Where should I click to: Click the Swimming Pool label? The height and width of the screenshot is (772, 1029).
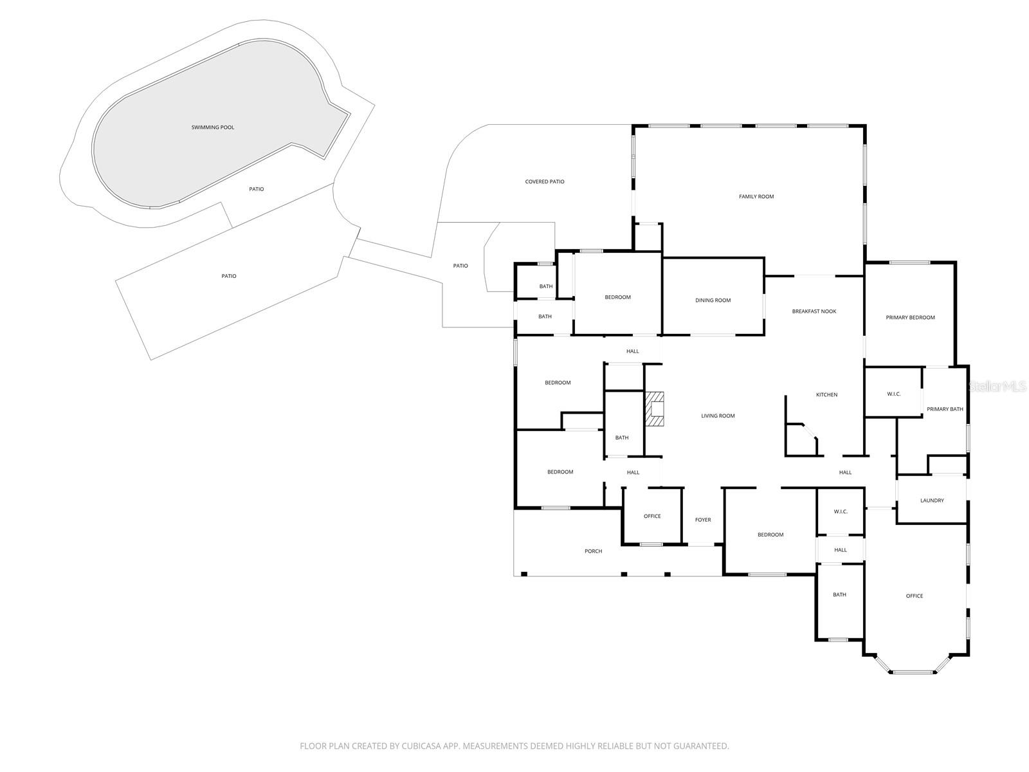click(213, 127)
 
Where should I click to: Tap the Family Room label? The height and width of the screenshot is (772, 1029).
click(756, 196)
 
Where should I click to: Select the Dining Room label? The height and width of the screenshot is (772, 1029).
click(713, 300)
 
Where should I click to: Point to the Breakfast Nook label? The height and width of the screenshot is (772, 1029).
click(814, 311)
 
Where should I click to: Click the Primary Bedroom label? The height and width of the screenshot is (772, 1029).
click(910, 317)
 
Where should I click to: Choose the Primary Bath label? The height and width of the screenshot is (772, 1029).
click(945, 409)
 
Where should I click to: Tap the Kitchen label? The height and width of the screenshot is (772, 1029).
click(826, 394)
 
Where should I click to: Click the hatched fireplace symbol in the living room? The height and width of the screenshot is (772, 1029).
click(655, 409)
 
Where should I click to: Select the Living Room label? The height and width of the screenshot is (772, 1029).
click(718, 416)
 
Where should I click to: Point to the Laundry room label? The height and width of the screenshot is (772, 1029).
click(932, 501)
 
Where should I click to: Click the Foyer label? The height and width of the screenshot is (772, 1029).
click(703, 520)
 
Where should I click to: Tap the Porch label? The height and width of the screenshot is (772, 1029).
click(593, 551)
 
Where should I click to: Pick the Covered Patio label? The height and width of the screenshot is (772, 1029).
click(545, 181)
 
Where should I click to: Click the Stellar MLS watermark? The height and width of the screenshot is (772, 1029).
click(997, 387)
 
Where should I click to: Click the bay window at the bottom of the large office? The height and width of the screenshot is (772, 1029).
click(913, 672)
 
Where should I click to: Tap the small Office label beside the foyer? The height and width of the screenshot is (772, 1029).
click(652, 516)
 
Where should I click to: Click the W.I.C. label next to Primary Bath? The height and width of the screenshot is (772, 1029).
click(893, 394)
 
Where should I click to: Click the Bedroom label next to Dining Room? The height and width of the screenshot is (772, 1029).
click(617, 297)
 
